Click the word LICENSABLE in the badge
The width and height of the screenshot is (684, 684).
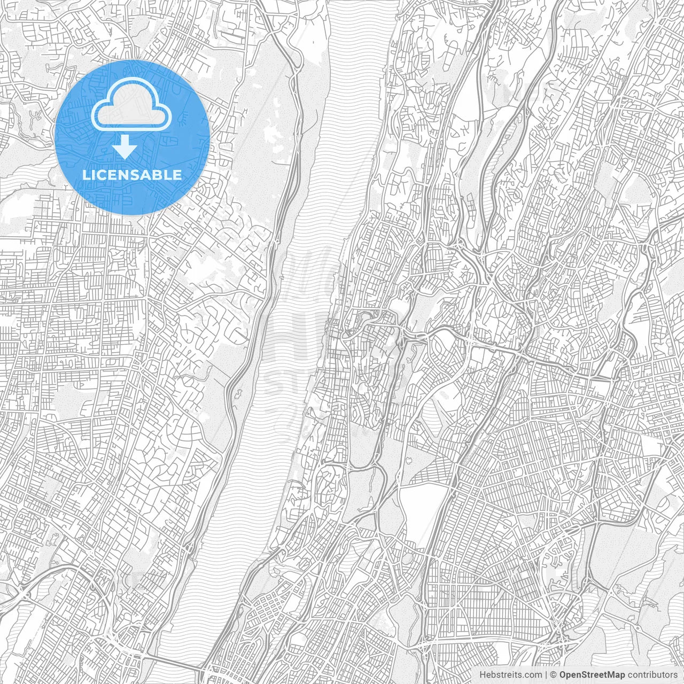coord(132,175)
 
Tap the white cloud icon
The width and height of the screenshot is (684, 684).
coord(131,107)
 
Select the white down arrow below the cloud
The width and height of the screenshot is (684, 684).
coord(125,147)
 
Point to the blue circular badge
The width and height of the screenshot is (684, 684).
coord(133,137)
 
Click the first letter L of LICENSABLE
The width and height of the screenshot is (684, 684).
coord(85,175)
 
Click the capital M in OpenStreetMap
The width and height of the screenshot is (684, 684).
coord(611,674)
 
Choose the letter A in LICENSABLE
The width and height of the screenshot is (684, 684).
coord(146,175)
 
